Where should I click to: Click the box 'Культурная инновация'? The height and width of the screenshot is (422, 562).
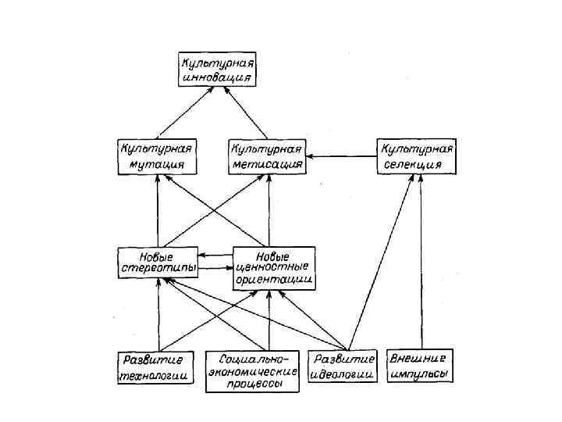pos(215,69)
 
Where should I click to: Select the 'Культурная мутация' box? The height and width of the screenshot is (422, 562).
pos(156,156)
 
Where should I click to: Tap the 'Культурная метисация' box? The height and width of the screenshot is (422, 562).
pos(266,156)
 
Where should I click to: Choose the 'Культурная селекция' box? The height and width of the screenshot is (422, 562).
pos(417,156)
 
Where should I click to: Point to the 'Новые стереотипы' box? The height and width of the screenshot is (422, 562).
pos(157,262)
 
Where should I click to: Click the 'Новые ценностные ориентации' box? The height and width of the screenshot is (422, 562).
pos(273,267)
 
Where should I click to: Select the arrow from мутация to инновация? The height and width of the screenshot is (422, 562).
pos(184,113)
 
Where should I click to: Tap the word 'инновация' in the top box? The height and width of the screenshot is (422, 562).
pos(215,77)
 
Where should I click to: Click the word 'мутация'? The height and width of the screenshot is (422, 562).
pos(152,165)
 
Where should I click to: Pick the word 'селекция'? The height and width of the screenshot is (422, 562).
pos(413,165)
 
